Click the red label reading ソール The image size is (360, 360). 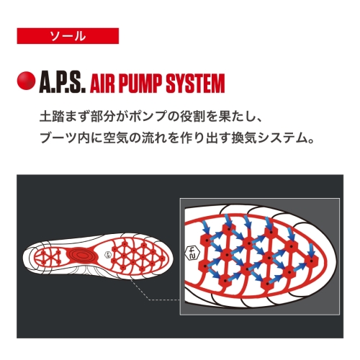(x=68, y=36)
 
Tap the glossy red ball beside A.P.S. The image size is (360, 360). (x=26, y=81)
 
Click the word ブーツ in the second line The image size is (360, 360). (x=58, y=138)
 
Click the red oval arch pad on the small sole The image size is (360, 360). (x=81, y=255)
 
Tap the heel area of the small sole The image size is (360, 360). (x=45, y=257)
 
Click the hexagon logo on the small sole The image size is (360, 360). (x=107, y=255)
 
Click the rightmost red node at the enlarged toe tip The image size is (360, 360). (x=312, y=261)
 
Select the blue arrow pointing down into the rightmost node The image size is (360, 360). (x=311, y=251)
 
